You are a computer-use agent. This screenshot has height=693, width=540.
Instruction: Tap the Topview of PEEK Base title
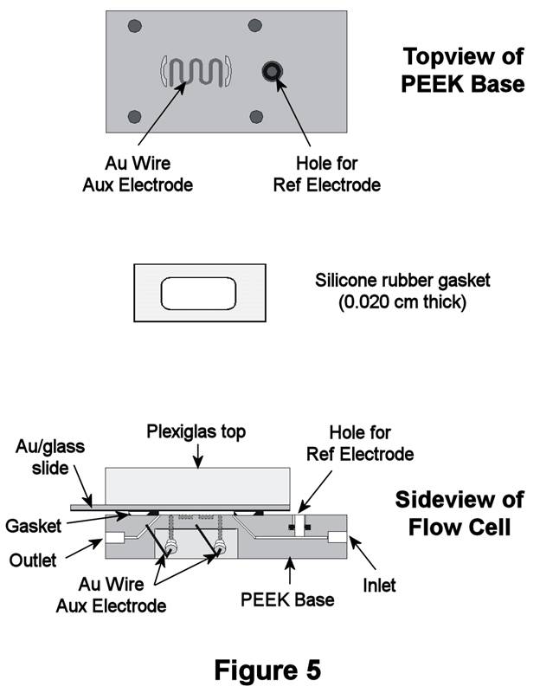[463, 71]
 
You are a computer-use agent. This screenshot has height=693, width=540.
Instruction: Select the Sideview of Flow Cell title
[460, 513]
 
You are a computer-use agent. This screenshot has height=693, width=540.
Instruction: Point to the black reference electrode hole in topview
[273, 73]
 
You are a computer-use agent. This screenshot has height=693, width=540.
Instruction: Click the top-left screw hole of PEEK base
[134, 26]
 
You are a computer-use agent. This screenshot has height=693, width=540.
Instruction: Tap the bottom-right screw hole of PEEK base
[255, 116]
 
